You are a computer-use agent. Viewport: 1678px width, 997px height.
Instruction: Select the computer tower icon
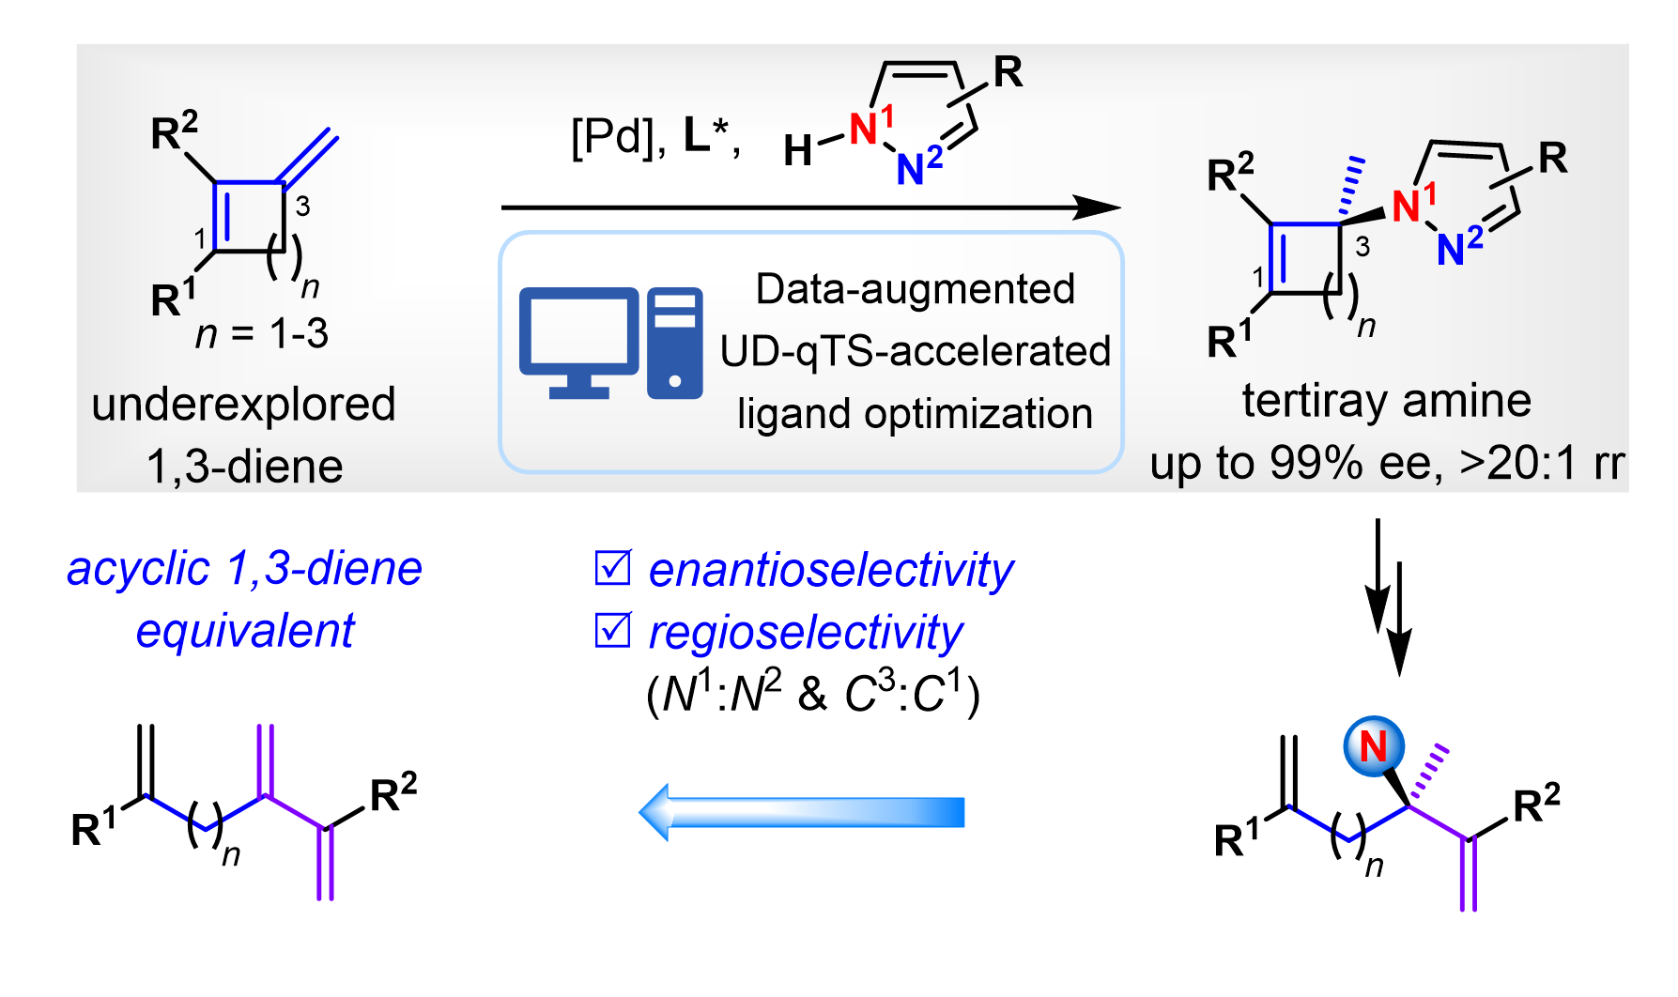click(674, 342)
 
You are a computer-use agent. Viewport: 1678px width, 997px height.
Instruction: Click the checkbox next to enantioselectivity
click(613, 568)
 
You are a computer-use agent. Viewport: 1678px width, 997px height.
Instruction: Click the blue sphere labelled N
click(1373, 747)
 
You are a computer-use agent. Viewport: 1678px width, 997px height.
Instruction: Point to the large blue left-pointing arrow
click(803, 812)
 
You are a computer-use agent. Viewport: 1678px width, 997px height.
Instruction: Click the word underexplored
click(243, 405)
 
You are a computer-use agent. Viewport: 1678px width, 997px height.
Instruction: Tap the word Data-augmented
click(915, 289)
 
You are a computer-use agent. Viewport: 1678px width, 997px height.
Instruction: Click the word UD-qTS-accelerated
click(915, 351)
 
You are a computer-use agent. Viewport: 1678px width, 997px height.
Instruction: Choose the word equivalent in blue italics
click(245, 630)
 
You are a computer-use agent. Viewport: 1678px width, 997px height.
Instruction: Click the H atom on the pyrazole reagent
click(797, 150)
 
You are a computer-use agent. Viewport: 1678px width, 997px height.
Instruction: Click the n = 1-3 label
click(262, 334)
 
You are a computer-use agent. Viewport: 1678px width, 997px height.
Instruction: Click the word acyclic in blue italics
click(138, 569)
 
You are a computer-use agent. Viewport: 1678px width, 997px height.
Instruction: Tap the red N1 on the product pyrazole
click(1409, 206)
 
